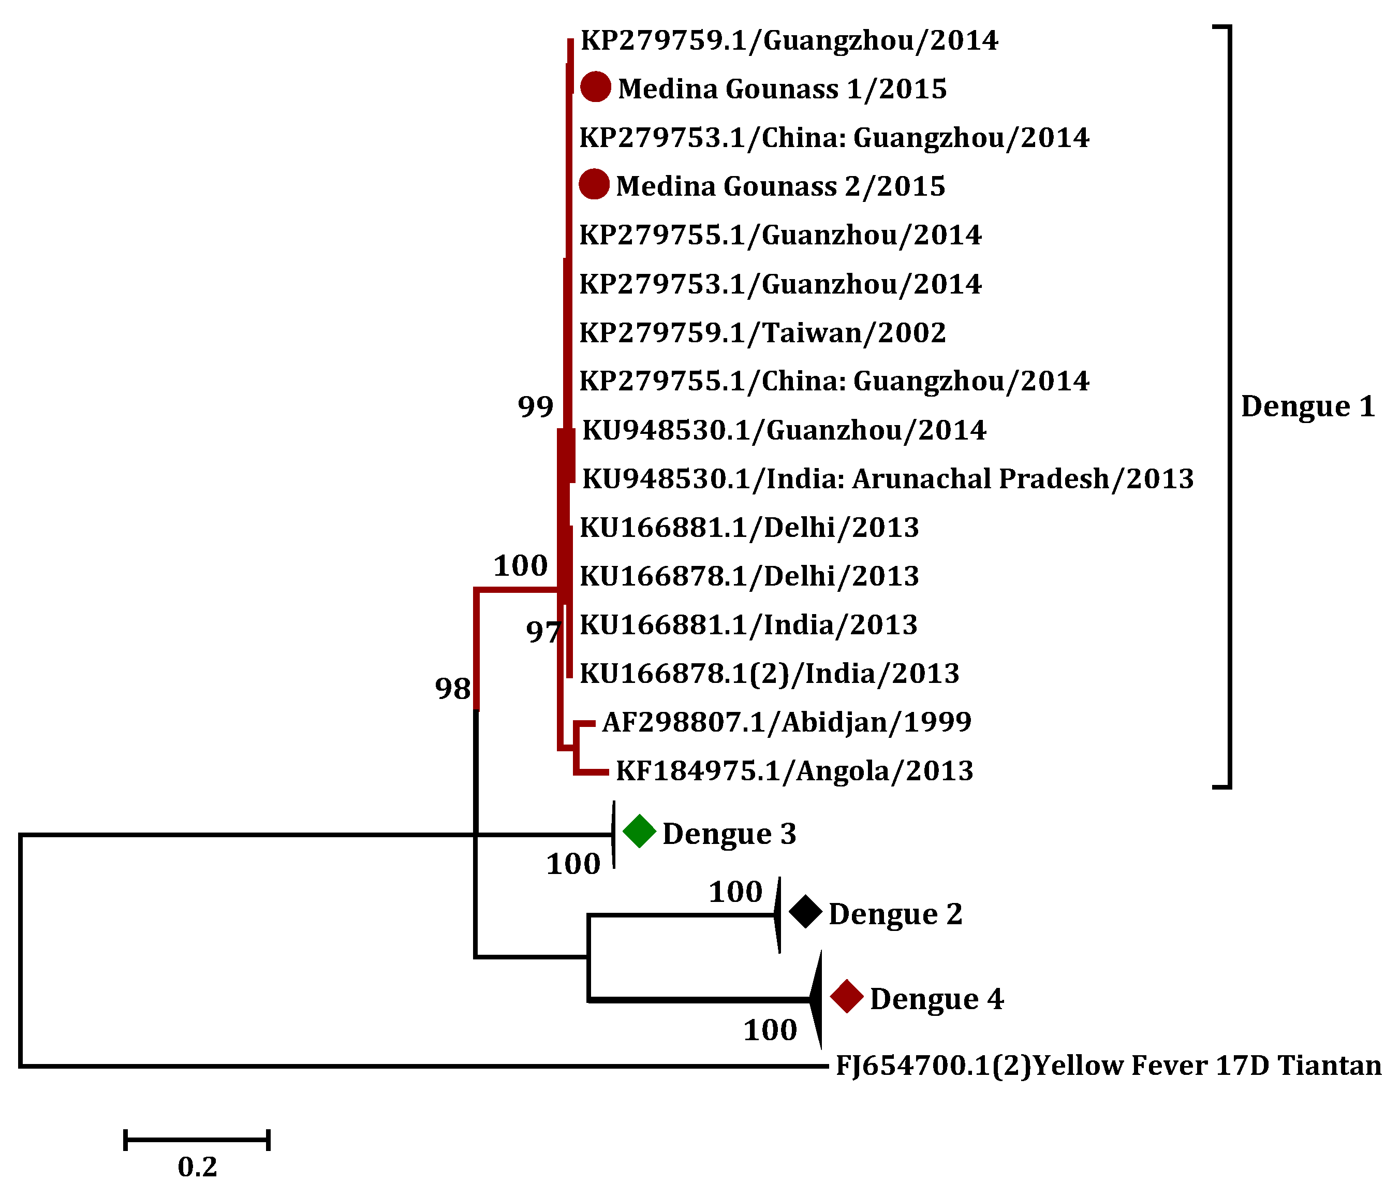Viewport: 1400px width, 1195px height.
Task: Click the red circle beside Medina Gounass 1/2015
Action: pyautogui.click(x=595, y=87)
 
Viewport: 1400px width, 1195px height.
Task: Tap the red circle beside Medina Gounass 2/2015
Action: pyautogui.click(x=594, y=184)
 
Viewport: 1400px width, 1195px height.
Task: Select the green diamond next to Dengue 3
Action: pyautogui.click(x=639, y=832)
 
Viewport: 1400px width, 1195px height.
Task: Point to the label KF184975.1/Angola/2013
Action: pyautogui.click(x=794, y=770)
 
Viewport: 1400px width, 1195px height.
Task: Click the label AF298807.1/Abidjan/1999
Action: pyautogui.click(x=787, y=722)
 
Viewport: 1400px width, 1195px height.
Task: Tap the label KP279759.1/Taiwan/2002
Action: pyautogui.click(x=763, y=332)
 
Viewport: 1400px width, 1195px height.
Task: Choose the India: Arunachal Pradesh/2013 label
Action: pyautogui.click(x=888, y=478)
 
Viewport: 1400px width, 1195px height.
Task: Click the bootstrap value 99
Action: pyautogui.click(x=535, y=406)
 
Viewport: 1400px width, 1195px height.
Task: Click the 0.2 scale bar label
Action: pyautogui.click(x=197, y=1167)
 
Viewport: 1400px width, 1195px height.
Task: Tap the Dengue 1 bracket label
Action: pyautogui.click(x=1308, y=406)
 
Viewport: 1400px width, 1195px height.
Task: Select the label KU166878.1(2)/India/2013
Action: pyautogui.click(x=770, y=673)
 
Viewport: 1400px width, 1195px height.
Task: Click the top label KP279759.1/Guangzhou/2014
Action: pyautogui.click(x=789, y=40)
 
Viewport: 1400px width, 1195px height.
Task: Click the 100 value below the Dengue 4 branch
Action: pyautogui.click(x=770, y=1030)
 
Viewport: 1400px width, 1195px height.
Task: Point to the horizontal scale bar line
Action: pyautogui.click(x=197, y=1140)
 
